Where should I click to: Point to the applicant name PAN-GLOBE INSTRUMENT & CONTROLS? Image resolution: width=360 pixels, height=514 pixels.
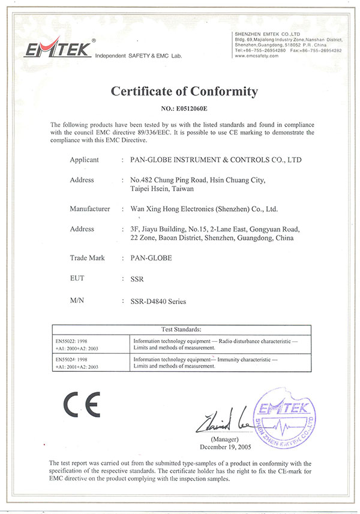pyautogui.click(x=216, y=160)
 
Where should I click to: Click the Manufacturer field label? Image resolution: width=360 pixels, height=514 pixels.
pyautogui.click(x=90, y=209)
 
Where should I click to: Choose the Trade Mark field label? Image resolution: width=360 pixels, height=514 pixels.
pyautogui.click(x=88, y=258)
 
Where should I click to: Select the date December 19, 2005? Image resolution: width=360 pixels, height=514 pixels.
pyautogui.click(x=225, y=447)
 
